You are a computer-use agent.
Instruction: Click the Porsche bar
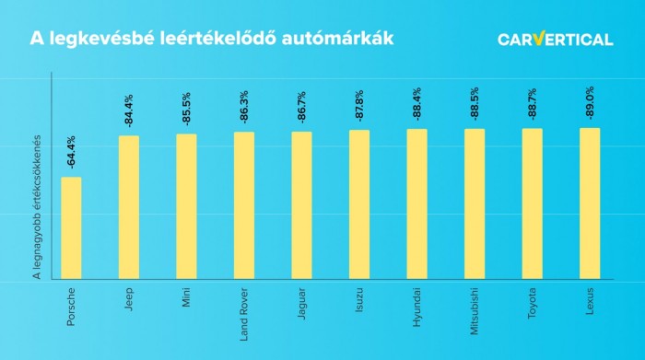pos(71,227)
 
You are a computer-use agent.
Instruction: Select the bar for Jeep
pos(129,207)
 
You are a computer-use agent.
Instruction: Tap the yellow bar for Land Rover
pos(244,205)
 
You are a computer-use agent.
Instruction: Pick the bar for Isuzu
pos(359,204)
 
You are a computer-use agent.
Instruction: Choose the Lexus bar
pos(590,203)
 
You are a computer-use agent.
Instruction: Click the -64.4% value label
pos(72,153)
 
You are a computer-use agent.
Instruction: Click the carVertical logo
pos(555,39)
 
